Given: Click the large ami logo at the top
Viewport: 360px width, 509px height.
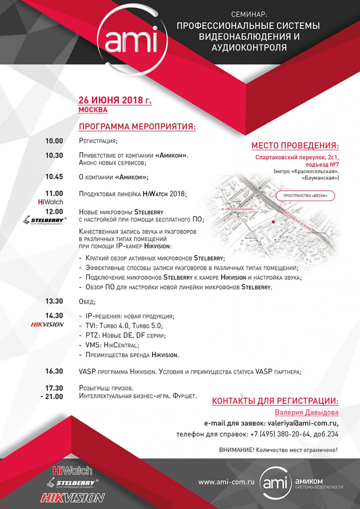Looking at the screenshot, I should [132, 40].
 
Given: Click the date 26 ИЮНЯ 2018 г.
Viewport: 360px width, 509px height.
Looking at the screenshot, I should [115, 101].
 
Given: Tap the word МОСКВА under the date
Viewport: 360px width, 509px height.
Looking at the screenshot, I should [93, 110].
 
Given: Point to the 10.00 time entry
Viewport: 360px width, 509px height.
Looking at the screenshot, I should [54, 141].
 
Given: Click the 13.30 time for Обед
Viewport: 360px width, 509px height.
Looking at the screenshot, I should [54, 302].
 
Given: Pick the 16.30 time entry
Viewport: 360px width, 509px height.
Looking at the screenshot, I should [54, 371].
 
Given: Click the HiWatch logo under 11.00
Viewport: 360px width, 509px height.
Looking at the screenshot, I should [50, 201].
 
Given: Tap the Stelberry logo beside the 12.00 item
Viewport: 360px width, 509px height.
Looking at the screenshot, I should [44, 221].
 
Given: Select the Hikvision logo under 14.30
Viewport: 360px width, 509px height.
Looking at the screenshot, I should [47, 324].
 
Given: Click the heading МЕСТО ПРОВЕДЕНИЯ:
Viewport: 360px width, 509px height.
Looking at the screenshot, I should [295, 146].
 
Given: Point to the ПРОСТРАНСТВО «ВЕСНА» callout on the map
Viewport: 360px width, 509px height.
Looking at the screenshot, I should [305, 196].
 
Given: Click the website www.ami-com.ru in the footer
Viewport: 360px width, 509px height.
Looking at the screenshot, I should [226, 482].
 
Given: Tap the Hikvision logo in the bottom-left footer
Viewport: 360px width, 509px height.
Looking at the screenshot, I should [72, 497].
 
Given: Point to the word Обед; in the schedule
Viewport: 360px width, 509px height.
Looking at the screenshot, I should [87, 302].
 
